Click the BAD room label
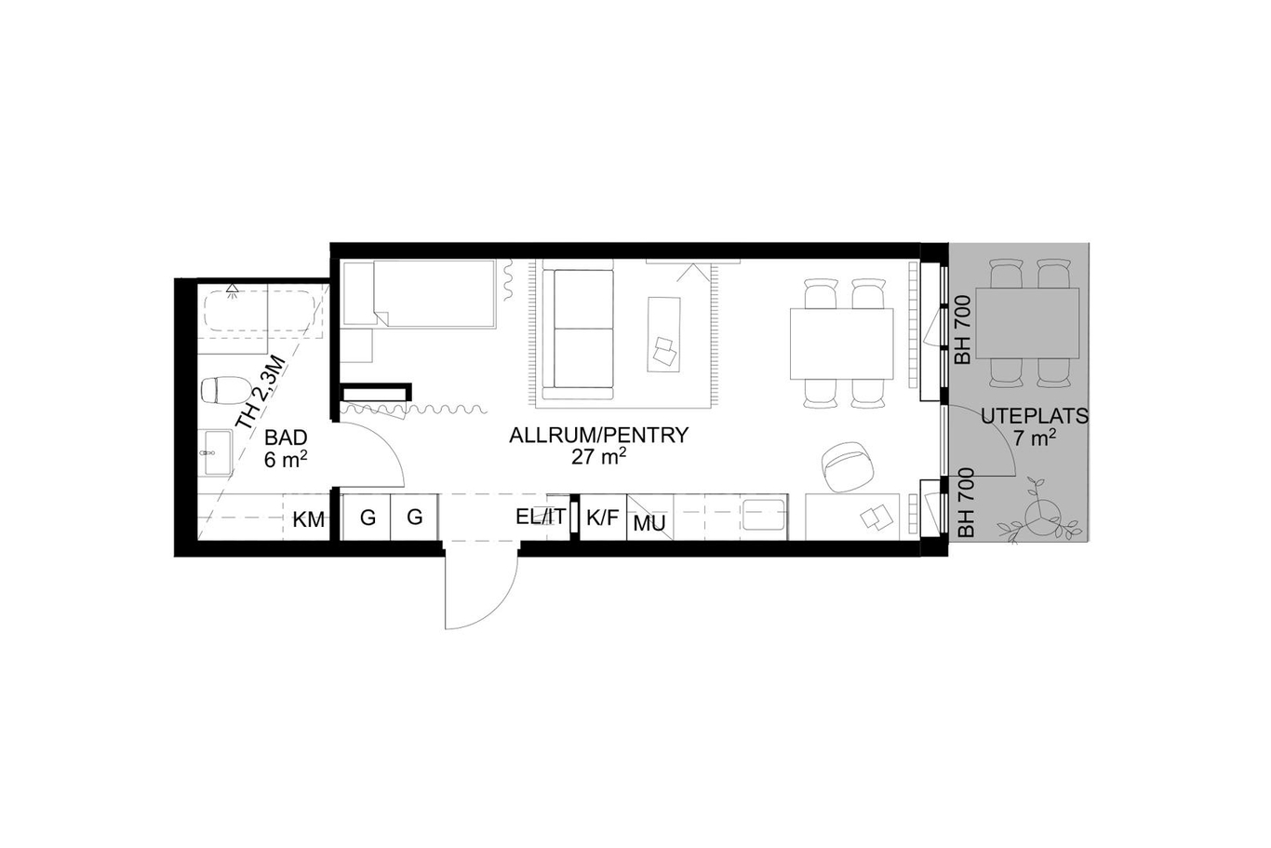click(x=286, y=437)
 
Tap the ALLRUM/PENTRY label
click(x=598, y=436)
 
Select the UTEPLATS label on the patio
click(x=1035, y=417)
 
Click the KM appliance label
click(x=309, y=519)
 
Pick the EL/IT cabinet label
click(x=541, y=517)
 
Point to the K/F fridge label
click(x=602, y=518)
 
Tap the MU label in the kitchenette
click(x=649, y=523)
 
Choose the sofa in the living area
click(x=578, y=330)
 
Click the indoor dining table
click(x=841, y=343)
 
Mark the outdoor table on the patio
click(x=1027, y=323)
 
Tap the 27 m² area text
click(x=598, y=456)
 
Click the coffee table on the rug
click(x=663, y=334)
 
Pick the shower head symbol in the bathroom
click(x=232, y=289)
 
